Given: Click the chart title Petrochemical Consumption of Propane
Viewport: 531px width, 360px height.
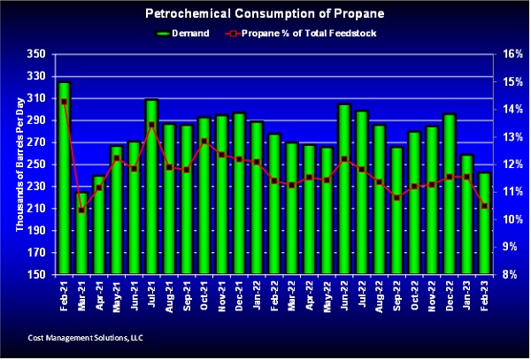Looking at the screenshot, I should pos(265,14).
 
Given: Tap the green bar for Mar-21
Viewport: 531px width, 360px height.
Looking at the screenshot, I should pos(81,239).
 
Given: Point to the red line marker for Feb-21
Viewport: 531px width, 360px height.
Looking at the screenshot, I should pos(64,102).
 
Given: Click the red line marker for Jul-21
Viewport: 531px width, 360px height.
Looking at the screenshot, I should pos(151,125).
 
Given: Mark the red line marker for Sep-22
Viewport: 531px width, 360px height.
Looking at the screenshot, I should pos(396,197).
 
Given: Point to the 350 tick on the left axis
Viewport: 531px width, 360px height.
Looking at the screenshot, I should pos(36,54).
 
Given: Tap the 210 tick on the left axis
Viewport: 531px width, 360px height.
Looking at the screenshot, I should pos(36,209).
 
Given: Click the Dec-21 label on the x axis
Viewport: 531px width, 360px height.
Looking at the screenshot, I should pos(239,295).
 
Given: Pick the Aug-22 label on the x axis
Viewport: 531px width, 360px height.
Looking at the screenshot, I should pos(380,295).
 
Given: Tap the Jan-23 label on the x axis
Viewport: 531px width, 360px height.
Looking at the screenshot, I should pos(467,295).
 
